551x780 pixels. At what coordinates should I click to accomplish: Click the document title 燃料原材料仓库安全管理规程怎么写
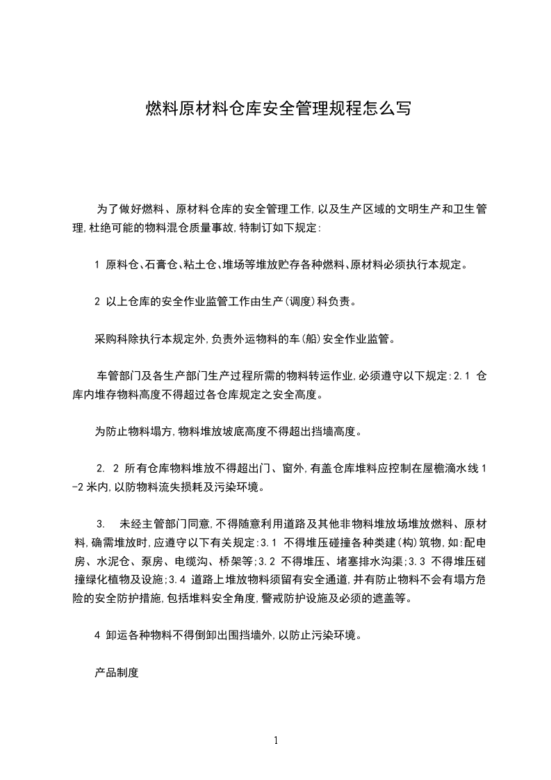click(278, 109)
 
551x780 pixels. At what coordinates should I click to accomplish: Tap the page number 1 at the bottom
click(276, 740)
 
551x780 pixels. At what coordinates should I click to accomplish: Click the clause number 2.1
click(462, 377)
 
